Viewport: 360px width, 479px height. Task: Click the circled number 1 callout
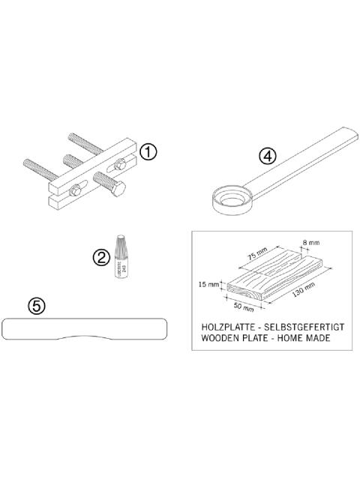[148, 152]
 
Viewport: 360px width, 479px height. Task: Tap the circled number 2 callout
[101, 257]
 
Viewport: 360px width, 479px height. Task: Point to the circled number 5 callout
[35, 306]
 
